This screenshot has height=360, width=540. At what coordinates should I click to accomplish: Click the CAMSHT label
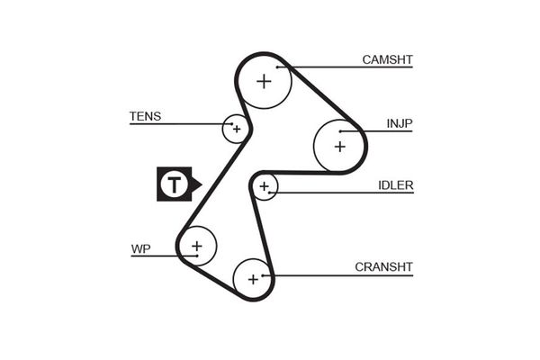(387, 60)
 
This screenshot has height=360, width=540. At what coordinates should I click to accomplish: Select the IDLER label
(395, 185)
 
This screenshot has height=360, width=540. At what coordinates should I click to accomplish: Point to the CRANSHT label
(383, 266)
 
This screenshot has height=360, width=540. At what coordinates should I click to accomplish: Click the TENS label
(145, 116)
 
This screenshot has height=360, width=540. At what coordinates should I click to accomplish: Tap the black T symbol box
(174, 184)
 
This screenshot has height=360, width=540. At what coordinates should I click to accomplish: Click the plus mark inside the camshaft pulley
(264, 81)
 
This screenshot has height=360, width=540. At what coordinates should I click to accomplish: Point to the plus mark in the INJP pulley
(339, 144)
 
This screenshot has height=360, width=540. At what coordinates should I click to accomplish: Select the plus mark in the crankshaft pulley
(253, 279)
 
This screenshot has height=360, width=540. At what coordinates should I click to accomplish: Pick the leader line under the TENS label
(180, 123)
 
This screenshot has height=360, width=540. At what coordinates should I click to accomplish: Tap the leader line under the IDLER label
(342, 193)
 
